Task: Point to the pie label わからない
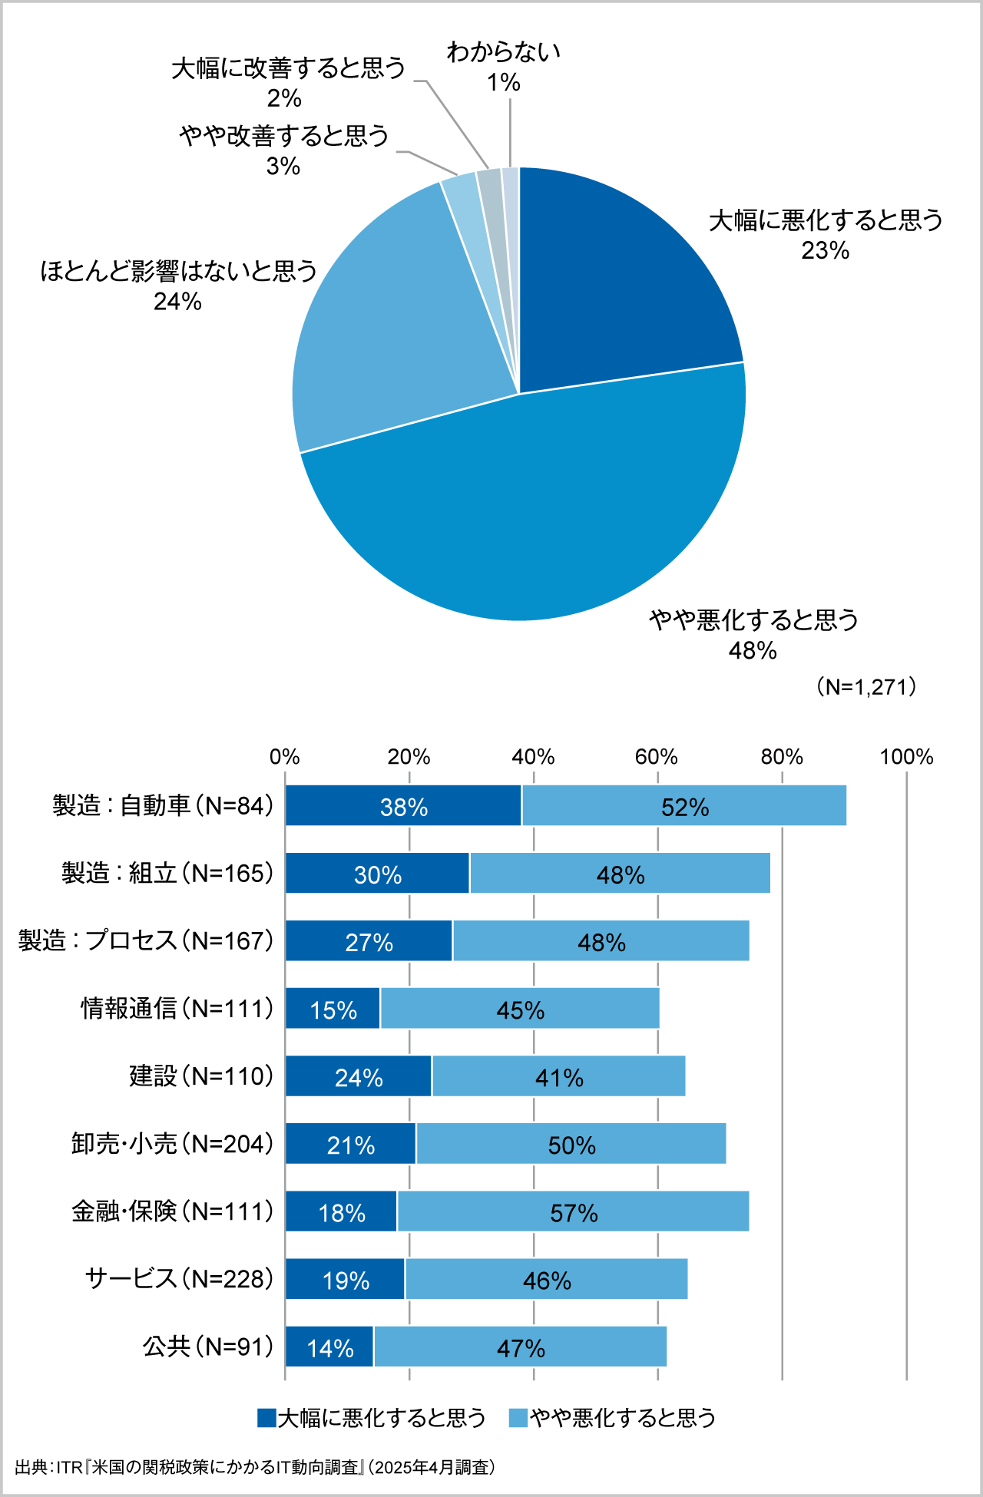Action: click(504, 54)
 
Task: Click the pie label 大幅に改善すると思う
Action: click(288, 69)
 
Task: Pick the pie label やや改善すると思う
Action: click(284, 137)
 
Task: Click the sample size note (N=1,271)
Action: click(866, 686)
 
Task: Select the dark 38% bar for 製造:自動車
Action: click(403, 806)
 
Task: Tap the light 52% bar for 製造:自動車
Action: click(684, 806)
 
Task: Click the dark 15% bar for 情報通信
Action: click(333, 1009)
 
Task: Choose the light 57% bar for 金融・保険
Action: click(573, 1211)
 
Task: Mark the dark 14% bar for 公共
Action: click(329, 1347)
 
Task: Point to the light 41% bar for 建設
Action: click(558, 1076)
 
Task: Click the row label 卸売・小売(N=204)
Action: click(173, 1144)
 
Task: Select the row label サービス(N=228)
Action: click(179, 1279)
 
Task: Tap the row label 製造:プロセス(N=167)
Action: click(146, 941)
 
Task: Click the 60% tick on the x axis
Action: click(657, 758)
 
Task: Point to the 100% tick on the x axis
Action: click(906, 758)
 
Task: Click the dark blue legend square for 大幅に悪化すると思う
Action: click(266, 1418)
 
